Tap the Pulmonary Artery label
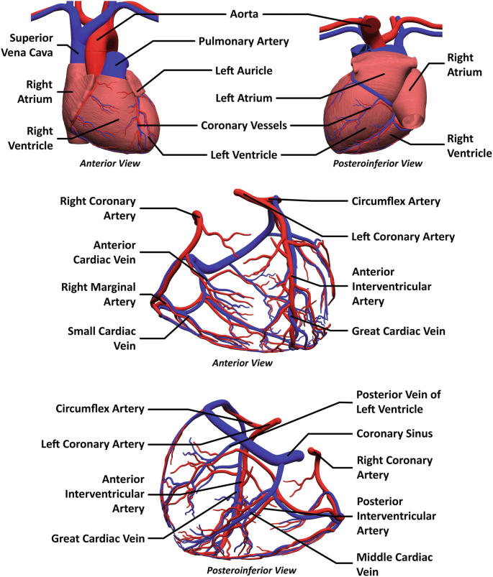click(x=243, y=42)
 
